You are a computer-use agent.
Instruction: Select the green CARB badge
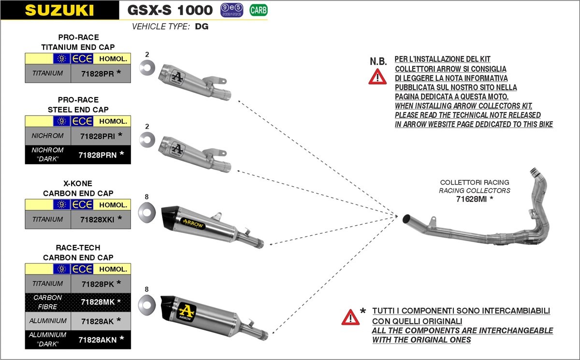(x=259, y=10)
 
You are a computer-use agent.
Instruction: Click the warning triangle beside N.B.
(x=377, y=76)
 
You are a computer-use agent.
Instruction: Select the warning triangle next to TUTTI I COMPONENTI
(x=350, y=317)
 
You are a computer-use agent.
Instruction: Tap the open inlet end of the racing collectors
(x=407, y=218)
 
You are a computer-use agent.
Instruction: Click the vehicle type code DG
(x=202, y=27)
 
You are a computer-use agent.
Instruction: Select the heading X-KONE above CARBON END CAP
(x=78, y=184)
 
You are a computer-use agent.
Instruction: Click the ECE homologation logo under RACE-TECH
(x=81, y=269)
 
